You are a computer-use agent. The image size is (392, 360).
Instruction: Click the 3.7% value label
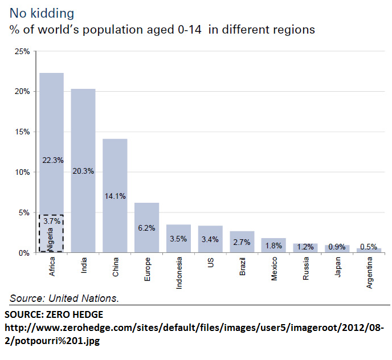52,220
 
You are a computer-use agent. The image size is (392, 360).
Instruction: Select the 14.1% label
116,196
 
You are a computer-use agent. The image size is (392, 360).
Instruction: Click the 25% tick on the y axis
22,51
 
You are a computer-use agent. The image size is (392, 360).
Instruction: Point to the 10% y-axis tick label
22,172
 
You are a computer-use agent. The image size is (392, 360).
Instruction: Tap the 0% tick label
24,252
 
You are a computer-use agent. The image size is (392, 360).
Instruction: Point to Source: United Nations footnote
64,298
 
